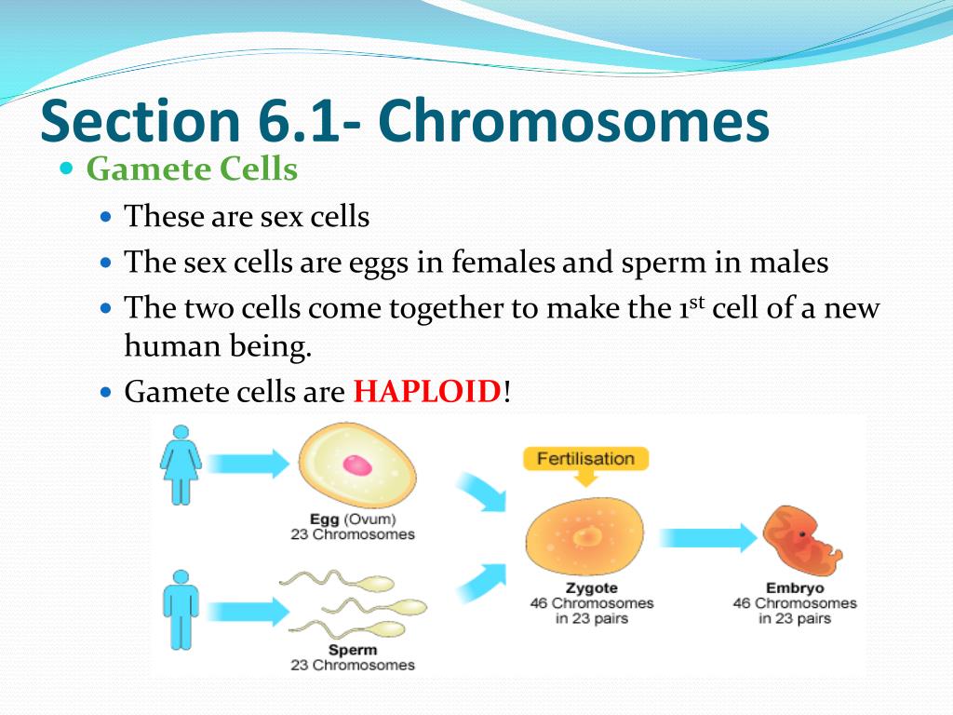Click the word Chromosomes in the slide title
click(x=573, y=120)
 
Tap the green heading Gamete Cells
click(x=192, y=169)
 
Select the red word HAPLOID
click(x=427, y=391)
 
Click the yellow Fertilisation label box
click(x=585, y=458)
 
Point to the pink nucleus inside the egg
click(x=357, y=465)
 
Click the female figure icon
click(x=181, y=465)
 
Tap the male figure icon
click(x=181, y=610)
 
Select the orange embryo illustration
click(x=801, y=541)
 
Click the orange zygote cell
click(x=584, y=537)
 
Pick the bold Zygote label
click(x=591, y=588)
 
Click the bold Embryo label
click(x=795, y=588)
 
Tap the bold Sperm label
click(x=353, y=650)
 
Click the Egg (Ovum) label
click(x=353, y=519)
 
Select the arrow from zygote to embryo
click(x=708, y=537)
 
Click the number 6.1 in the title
click(x=297, y=120)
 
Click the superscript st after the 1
click(x=697, y=302)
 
